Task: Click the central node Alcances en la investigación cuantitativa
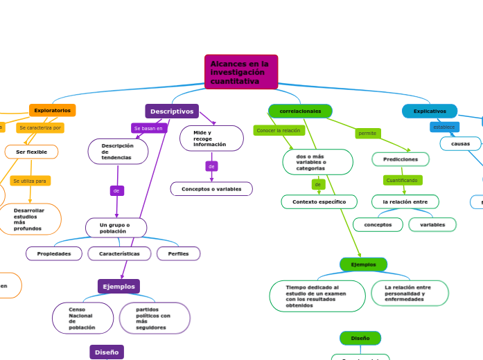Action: pyautogui.click(x=240, y=72)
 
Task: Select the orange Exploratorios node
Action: pyautogui.click(x=52, y=110)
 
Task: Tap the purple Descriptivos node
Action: pyautogui.click(x=172, y=111)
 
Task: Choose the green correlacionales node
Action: pyautogui.click(x=300, y=111)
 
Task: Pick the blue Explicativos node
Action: pyautogui.click(x=430, y=111)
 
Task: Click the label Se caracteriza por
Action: pyautogui.click(x=40, y=127)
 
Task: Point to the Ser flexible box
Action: pyautogui.click(x=31, y=152)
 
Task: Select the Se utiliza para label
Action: pyautogui.click(x=30, y=181)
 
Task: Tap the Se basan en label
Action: pyautogui.click(x=148, y=128)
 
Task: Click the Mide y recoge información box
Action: pyautogui.click(x=211, y=138)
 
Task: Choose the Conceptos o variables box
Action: pyautogui.click(x=211, y=189)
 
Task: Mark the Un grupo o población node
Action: pyautogui.click(x=116, y=228)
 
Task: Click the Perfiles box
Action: pyautogui.click(x=178, y=253)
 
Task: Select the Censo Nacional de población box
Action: pyautogui.click(x=82, y=318)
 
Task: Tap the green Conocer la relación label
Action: pyautogui.click(x=279, y=130)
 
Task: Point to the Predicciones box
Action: pyautogui.click(x=401, y=159)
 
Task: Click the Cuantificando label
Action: pyautogui.click(x=402, y=180)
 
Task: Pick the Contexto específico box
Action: pyautogui.click(x=319, y=201)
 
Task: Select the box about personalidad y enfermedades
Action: pyautogui.click(x=410, y=293)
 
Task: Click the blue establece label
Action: pyautogui.click(x=444, y=127)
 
